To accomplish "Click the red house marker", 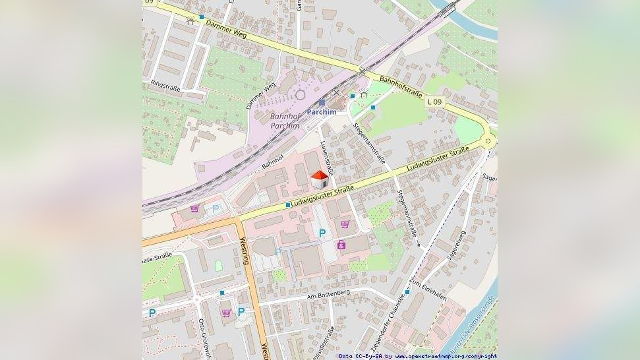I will (x=320, y=179).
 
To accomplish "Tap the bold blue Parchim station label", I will (x=322, y=111).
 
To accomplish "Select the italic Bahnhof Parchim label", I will (x=285, y=121).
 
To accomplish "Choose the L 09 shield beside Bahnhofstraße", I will (x=434, y=102).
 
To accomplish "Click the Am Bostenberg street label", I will (x=328, y=295).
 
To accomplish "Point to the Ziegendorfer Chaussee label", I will (x=386, y=323).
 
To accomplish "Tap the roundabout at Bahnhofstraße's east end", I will (x=488, y=140).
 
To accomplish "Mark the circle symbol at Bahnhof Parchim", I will (x=301, y=95).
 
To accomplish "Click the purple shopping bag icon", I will (x=341, y=245).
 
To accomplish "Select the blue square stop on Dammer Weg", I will (x=202, y=17).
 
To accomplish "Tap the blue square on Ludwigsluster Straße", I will (x=288, y=205).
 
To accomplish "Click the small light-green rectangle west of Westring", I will (x=218, y=265).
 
